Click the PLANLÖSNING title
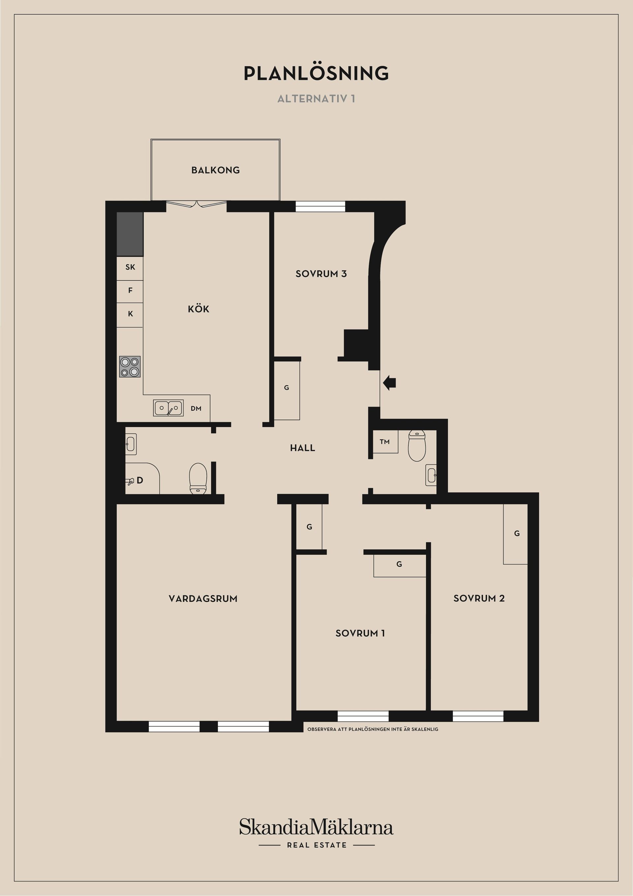[x=316, y=73]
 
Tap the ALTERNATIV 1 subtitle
[x=316, y=99]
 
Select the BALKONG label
[x=215, y=170]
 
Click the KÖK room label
[x=198, y=309]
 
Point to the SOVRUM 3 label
[x=321, y=274]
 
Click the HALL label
[x=302, y=448]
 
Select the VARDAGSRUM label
[x=203, y=599]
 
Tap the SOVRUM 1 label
[x=360, y=633]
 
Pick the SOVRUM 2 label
[x=479, y=599]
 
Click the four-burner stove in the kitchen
[x=130, y=367]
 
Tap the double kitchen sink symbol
[x=168, y=408]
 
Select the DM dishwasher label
[x=196, y=409]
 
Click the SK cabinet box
[x=130, y=268]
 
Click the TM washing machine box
[x=385, y=442]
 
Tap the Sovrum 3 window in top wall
[x=320, y=207]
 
